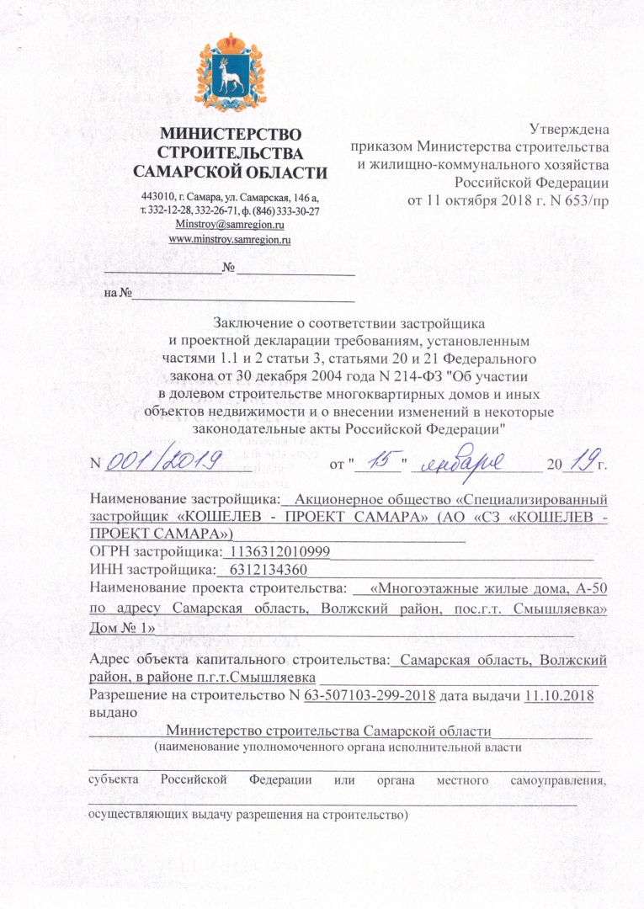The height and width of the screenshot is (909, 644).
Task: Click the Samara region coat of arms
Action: (x=230, y=76)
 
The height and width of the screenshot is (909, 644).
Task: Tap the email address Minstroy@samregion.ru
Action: (x=230, y=225)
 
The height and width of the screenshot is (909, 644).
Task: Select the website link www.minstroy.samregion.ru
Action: (x=230, y=240)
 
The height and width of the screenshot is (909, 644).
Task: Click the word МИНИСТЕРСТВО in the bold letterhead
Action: (x=231, y=134)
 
